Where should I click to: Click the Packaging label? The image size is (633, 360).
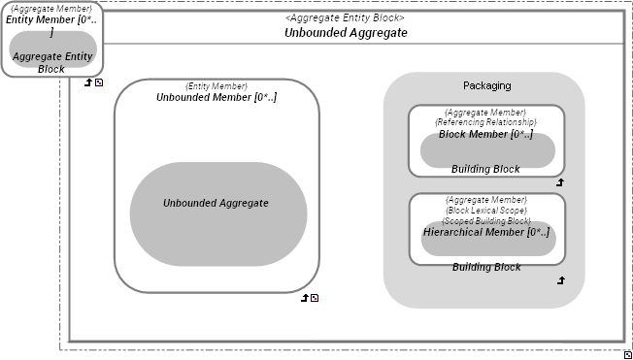click(x=486, y=85)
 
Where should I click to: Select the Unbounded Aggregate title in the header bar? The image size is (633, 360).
click(x=345, y=32)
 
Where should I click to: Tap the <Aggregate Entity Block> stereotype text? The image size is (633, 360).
click(x=345, y=17)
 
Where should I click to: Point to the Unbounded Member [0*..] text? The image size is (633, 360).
click(x=217, y=97)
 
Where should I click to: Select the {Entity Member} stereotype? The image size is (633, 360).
click(x=217, y=86)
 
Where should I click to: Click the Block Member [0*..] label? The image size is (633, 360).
click(x=485, y=135)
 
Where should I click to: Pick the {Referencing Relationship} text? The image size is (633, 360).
click(x=485, y=123)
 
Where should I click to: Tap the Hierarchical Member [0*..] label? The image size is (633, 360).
click(x=485, y=232)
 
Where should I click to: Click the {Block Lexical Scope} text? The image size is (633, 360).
click(x=485, y=211)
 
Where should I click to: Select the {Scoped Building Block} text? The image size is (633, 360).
click(x=485, y=221)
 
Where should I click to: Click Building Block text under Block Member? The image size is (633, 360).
click(x=485, y=169)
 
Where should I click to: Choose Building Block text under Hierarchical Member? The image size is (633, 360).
click(x=485, y=267)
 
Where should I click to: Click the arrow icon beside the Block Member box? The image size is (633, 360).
click(x=559, y=181)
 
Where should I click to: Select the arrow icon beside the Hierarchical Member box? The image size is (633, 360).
click(x=559, y=280)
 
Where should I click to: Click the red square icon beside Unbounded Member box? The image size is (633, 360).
click(x=315, y=298)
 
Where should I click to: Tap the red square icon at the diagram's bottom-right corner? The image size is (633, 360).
click(x=628, y=354)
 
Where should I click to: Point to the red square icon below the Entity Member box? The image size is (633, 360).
click(x=99, y=83)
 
